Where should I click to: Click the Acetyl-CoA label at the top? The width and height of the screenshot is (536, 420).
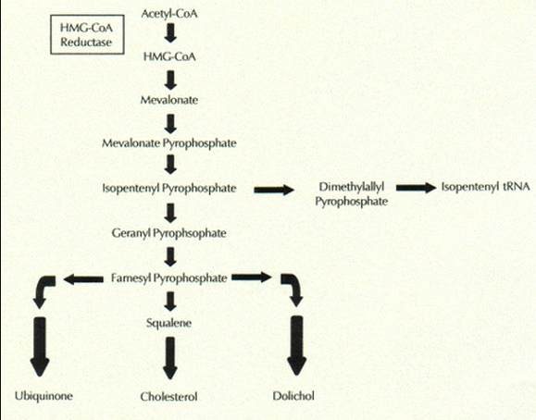(169, 14)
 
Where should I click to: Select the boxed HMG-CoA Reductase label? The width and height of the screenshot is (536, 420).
(87, 34)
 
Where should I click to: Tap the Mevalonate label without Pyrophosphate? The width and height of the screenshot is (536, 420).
(169, 100)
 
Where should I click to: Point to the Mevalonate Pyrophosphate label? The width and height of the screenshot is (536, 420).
(169, 142)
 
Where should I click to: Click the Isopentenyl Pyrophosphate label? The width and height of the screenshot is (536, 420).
(169, 188)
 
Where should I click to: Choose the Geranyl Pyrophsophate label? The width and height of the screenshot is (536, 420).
(168, 233)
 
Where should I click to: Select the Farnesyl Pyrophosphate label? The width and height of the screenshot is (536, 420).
(168, 278)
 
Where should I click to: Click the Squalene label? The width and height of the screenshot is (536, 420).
(168, 323)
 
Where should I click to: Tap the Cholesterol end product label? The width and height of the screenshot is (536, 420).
(168, 397)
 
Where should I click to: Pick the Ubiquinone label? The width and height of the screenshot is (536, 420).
(44, 396)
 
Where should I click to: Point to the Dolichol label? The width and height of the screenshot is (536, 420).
(293, 396)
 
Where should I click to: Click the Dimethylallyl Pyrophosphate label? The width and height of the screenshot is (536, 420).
(352, 194)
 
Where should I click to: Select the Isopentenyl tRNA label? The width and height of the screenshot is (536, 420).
(485, 187)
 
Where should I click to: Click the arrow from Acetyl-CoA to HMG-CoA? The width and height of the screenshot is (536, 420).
(170, 32)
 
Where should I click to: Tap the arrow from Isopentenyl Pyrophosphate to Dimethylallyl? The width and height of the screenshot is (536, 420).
(274, 190)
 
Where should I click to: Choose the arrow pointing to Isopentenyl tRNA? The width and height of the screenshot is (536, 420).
(417, 188)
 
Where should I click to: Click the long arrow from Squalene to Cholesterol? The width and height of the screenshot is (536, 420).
(170, 358)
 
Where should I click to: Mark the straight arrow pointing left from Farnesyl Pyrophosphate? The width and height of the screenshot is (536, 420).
(83, 279)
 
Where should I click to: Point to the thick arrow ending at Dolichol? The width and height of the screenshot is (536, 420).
(297, 346)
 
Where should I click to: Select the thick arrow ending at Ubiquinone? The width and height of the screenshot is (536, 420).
(40, 347)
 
